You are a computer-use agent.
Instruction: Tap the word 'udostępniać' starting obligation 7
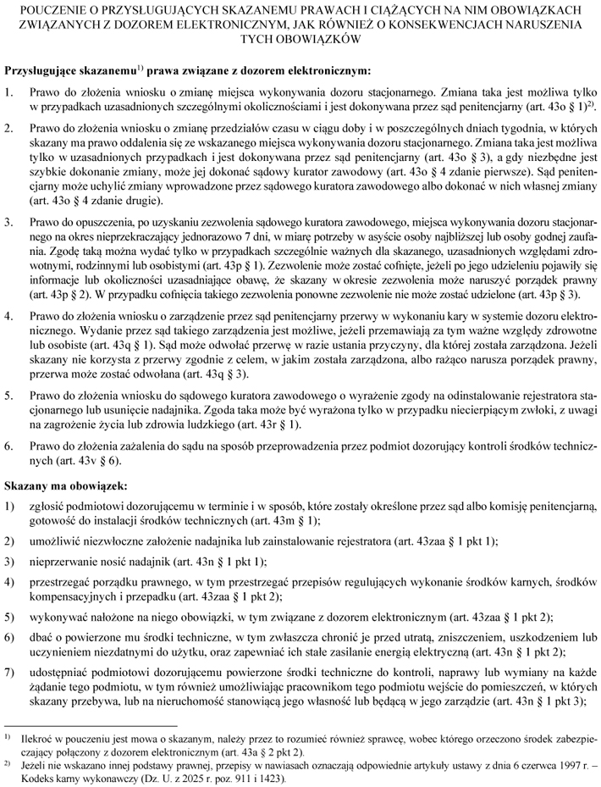click(x=58, y=647)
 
